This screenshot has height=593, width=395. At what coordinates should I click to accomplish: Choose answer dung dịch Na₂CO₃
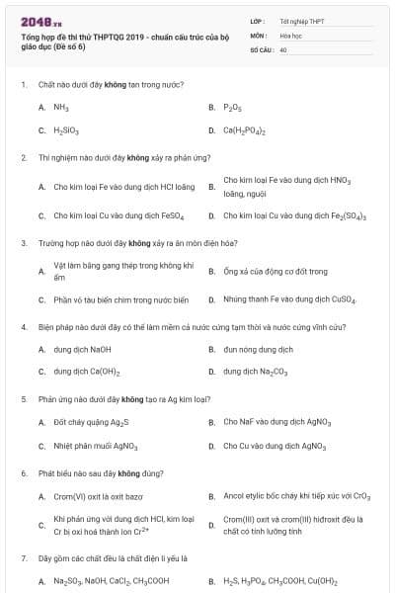click(255, 373)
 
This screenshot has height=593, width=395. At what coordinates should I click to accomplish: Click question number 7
click(23, 558)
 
